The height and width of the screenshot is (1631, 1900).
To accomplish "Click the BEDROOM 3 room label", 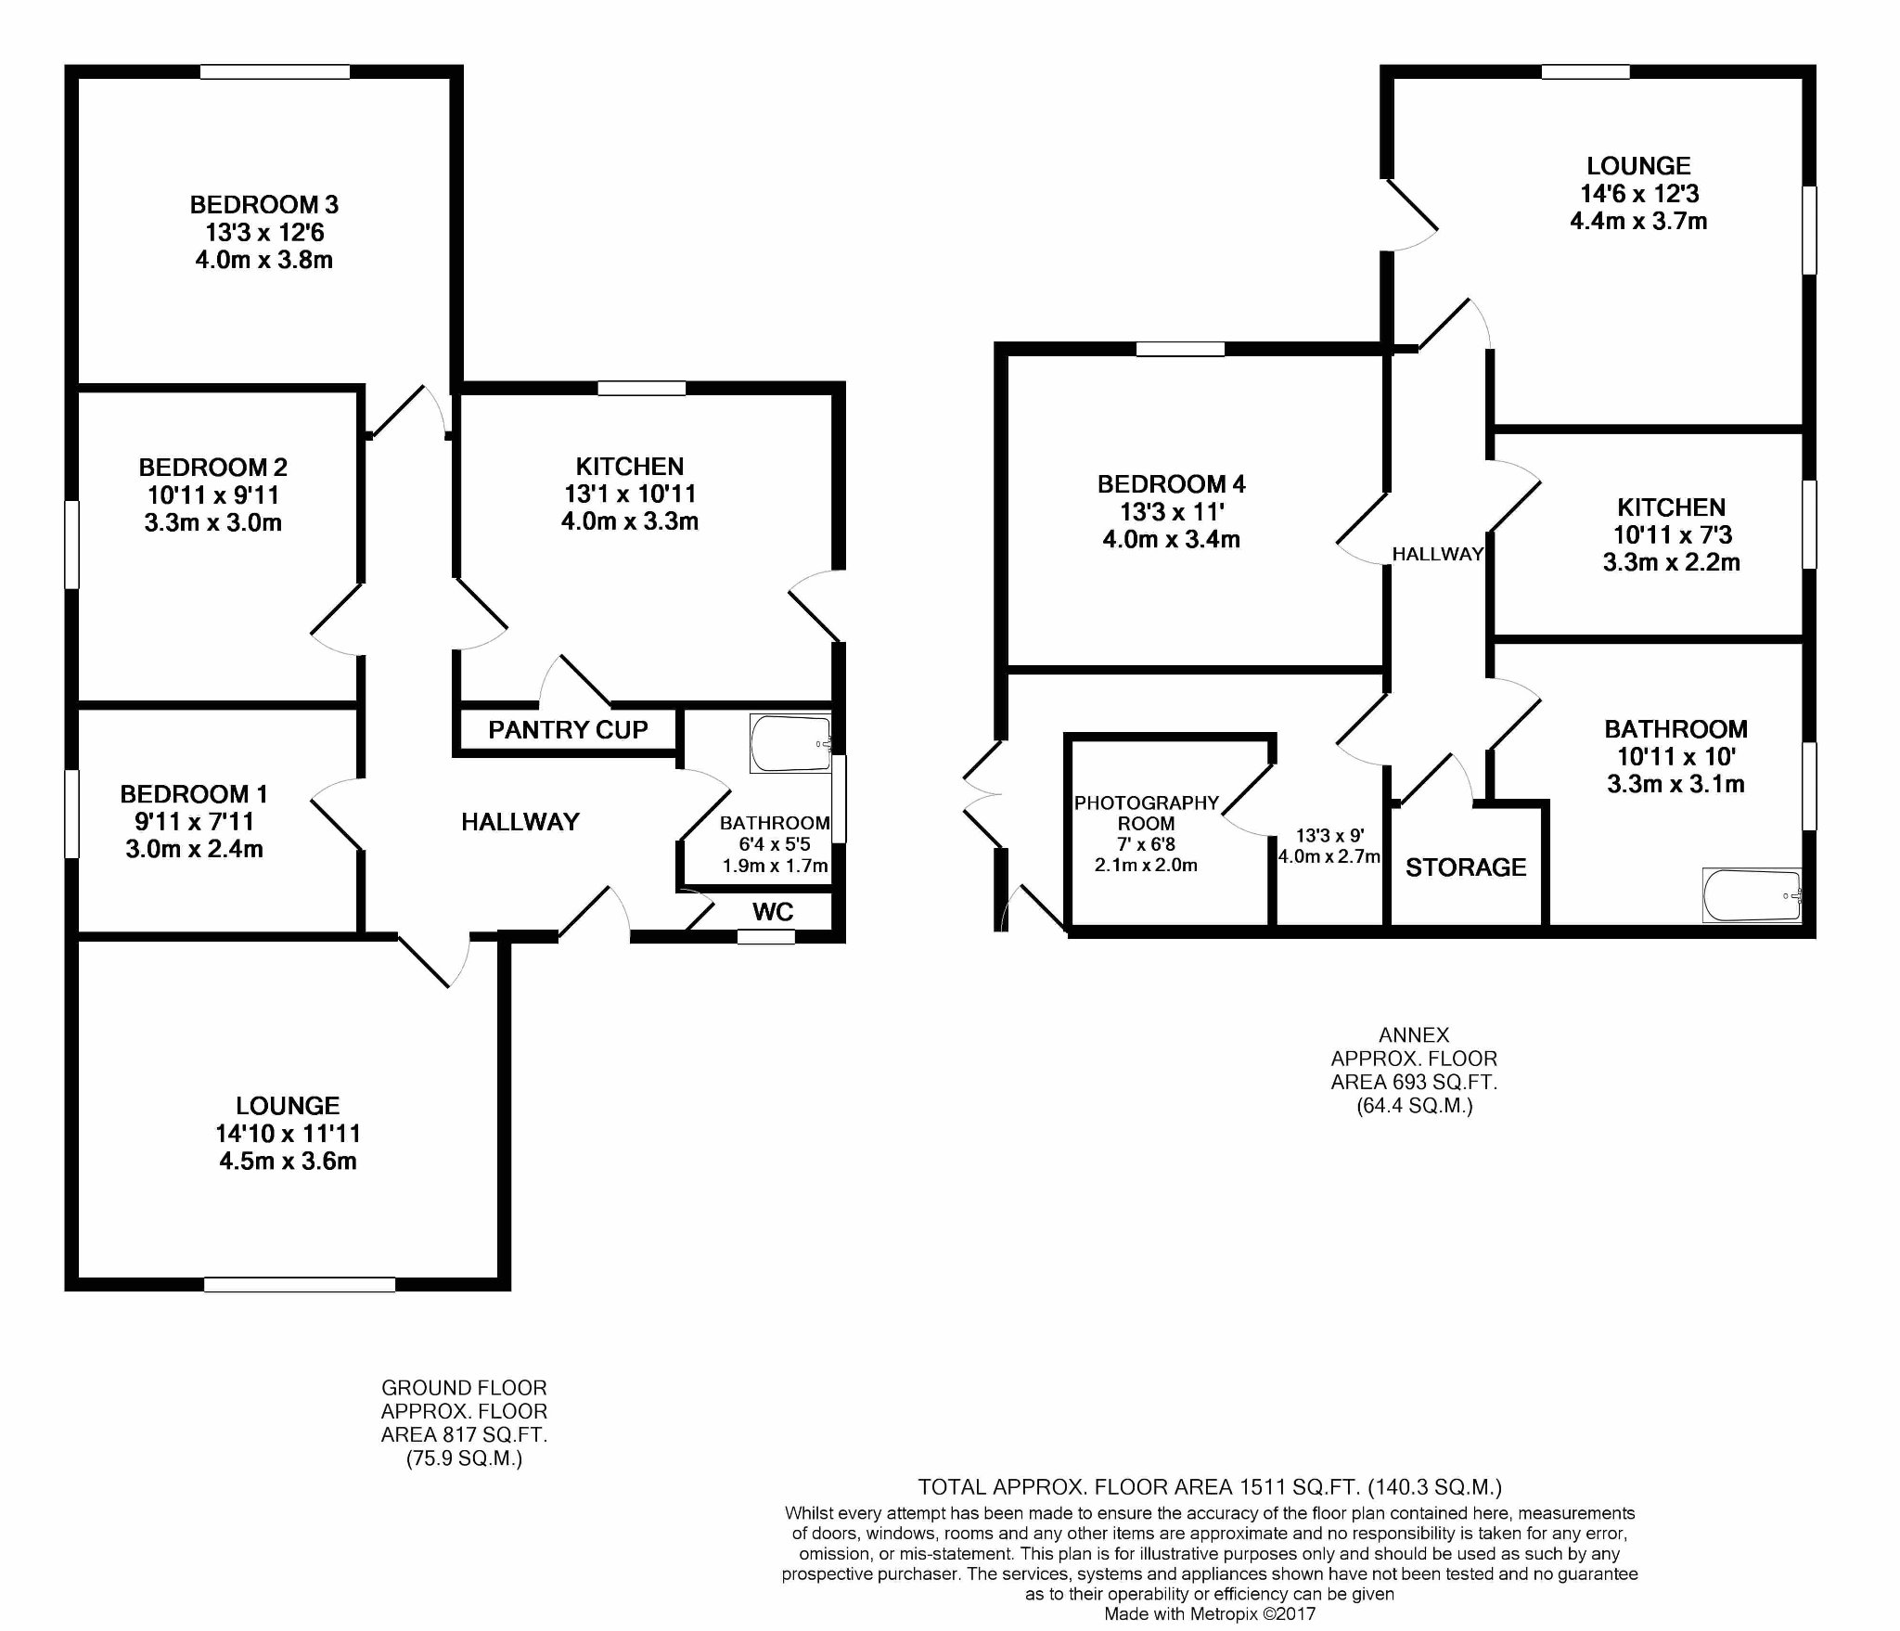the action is coord(263,204).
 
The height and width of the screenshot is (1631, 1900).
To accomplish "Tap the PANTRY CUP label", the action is coord(568,730).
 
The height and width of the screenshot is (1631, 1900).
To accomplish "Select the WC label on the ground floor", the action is coord(773,912).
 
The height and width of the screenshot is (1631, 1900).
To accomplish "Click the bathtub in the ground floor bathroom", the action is coord(790,743).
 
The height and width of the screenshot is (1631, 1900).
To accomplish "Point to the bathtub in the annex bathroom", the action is coord(1751,895).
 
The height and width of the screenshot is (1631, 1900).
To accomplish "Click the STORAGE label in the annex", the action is coord(1465,867).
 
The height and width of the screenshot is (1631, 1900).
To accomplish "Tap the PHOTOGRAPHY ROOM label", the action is coord(1146,813).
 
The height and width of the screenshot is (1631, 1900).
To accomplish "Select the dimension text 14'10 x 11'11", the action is coord(288,1133).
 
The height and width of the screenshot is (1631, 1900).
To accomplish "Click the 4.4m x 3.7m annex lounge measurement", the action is coord(1638,221).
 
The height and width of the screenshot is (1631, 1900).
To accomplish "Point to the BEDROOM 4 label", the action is coord(1171,483).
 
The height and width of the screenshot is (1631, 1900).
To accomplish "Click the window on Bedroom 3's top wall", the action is coord(275,71).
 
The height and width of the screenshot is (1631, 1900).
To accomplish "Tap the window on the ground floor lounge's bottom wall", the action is coord(299,1284).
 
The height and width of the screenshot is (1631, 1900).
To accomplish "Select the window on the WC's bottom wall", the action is coord(766,937).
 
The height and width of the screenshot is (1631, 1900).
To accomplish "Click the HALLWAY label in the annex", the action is coord(1437,554).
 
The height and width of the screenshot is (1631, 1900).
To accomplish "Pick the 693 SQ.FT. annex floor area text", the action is coord(1414,1082).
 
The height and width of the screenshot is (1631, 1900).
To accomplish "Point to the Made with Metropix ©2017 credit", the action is coord(1209,1614).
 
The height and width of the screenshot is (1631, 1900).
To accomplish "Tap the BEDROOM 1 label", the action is coord(194,794).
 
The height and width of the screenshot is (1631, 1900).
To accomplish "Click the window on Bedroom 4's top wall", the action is coord(1180,350).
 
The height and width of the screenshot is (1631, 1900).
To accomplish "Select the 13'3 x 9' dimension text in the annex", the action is coord(1329,836).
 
